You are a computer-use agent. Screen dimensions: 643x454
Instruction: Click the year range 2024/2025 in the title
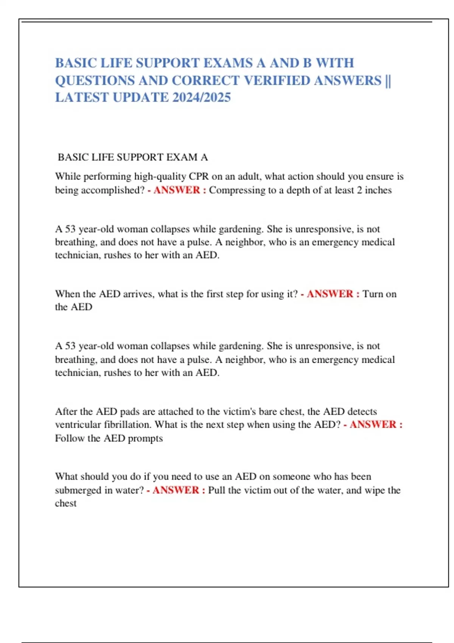pos(201,98)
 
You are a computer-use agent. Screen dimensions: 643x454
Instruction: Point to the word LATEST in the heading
pos(82,98)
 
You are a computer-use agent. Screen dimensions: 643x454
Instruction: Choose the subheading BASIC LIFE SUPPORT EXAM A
pos(133,157)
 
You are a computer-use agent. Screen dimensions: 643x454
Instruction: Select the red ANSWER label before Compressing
pos(177,190)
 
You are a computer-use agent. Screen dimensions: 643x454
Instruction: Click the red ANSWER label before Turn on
pos(330,294)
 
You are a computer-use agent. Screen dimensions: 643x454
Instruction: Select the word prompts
pos(145,438)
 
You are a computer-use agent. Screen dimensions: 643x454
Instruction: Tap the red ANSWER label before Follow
pos(373,425)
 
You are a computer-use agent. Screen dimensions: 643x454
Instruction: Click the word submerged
pos(78,490)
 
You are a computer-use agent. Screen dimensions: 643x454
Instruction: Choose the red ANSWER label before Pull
pos(176,490)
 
